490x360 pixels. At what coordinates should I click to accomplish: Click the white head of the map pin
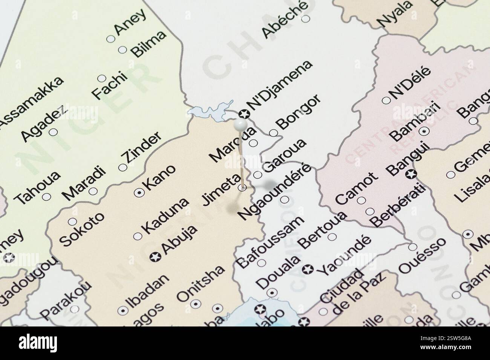click(240, 124)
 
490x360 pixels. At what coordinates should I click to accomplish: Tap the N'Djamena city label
click(280, 85)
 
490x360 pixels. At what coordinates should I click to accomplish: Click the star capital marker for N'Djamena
click(243, 113)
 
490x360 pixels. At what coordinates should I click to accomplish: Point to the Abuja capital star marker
click(155, 257)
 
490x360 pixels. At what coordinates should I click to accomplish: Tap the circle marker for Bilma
click(122, 50)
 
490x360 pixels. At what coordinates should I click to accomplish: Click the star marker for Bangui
click(410, 174)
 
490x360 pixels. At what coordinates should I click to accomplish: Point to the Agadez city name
click(44, 123)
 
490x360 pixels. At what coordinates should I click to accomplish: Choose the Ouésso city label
click(422, 255)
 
